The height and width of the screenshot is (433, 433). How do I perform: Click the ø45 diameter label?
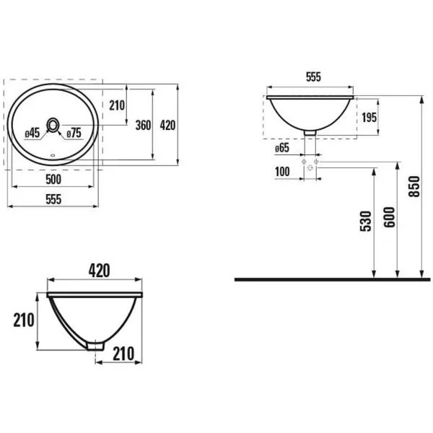click(x=32, y=134)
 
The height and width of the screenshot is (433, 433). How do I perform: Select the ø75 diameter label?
click(x=74, y=134)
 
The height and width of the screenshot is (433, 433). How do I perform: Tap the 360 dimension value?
click(x=143, y=126)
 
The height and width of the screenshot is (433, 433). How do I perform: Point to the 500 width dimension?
click(x=53, y=180)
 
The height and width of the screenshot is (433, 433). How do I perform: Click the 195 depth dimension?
click(x=369, y=118)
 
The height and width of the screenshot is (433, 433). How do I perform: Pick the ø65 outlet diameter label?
click(x=282, y=148)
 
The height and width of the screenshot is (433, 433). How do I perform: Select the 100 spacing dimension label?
click(x=282, y=172)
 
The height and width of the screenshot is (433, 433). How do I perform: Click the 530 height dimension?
click(x=366, y=222)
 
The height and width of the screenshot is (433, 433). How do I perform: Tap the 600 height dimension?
click(x=390, y=217)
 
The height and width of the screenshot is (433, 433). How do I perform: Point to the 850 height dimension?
click(x=414, y=186)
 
